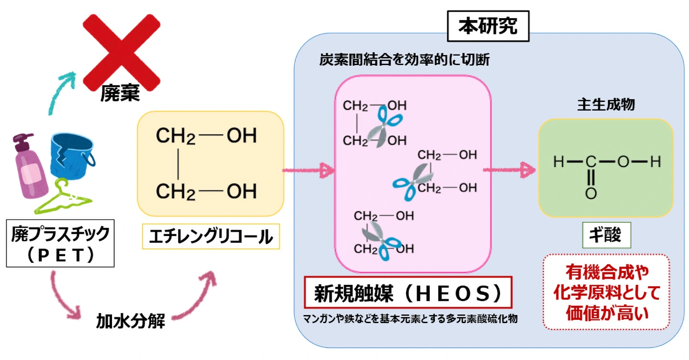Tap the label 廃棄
coord(120,94)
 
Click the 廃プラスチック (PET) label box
coord(60,244)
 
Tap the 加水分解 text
coord(131,321)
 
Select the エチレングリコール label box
coord(211,236)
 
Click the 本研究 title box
coord(488,26)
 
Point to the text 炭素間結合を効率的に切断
coord(405,60)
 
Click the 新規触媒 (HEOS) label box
coord(408,292)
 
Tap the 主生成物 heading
coord(606,105)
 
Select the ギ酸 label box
coord(606,235)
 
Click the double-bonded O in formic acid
coord(591,194)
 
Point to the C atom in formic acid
coord(591,162)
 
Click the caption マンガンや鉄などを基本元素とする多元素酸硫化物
coord(410,318)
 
